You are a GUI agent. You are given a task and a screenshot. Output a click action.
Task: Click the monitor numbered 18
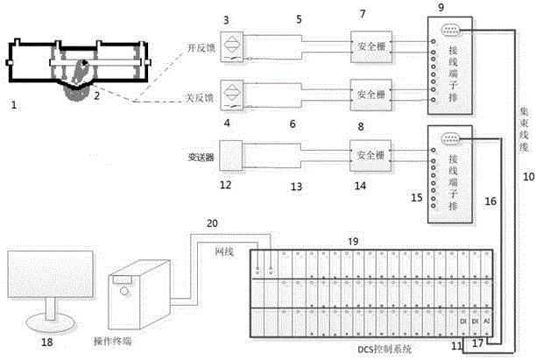48,280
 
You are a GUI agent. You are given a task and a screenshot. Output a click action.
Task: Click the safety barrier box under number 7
370,45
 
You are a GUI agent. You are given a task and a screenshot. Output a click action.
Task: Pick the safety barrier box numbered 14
370,156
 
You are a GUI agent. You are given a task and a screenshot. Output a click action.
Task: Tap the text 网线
225,251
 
